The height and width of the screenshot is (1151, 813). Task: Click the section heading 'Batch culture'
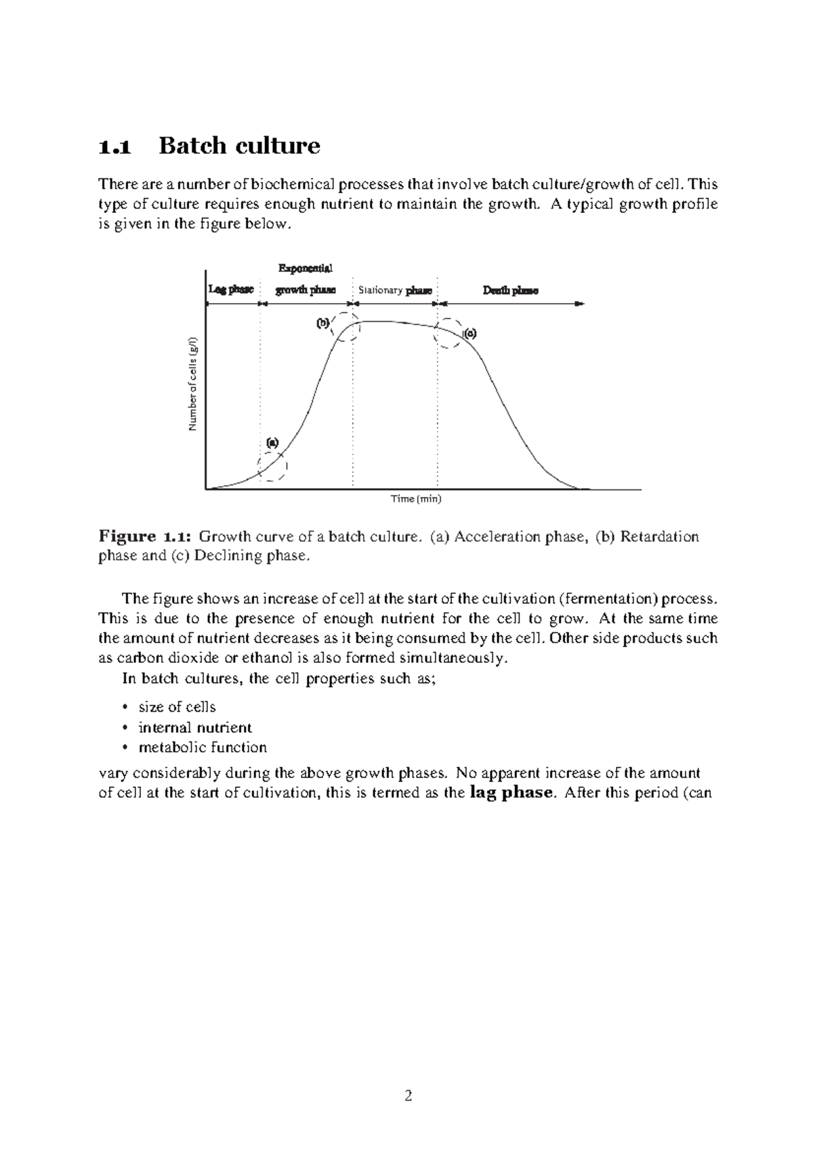click(239, 146)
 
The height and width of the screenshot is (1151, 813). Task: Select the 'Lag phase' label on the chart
click(231, 289)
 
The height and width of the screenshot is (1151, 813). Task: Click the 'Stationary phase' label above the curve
click(395, 290)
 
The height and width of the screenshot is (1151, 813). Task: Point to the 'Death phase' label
click(510, 290)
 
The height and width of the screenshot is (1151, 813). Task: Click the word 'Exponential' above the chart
click(305, 269)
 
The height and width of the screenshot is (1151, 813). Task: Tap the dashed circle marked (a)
click(272, 465)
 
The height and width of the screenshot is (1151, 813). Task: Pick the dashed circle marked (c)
click(448, 333)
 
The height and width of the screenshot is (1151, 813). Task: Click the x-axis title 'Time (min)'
click(416, 499)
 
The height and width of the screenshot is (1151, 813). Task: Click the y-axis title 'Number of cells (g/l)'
click(193, 384)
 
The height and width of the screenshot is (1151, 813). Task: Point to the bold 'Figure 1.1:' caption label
click(145, 537)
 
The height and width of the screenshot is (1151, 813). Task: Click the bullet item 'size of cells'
click(177, 707)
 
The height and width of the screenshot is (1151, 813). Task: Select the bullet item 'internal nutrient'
click(195, 727)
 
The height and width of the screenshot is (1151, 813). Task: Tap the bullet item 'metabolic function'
click(203, 747)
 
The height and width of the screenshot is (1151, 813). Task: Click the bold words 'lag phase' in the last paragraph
click(512, 792)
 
